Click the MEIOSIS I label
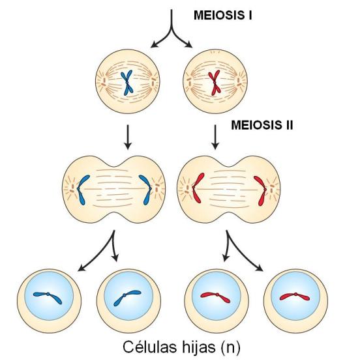tap(222, 16)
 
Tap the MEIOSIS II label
tap(262, 125)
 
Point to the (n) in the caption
tap(230, 347)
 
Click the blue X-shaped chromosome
tap(127, 83)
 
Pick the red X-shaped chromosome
tap(214, 83)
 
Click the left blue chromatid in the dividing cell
tap(82, 190)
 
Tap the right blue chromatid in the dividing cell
tap(146, 190)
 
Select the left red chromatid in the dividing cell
tap(196, 188)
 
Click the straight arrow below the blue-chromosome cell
tap(128, 137)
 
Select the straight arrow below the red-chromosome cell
tap(215, 137)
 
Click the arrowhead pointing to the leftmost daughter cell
tap(82, 268)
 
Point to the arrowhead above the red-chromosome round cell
tap(188, 44)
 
